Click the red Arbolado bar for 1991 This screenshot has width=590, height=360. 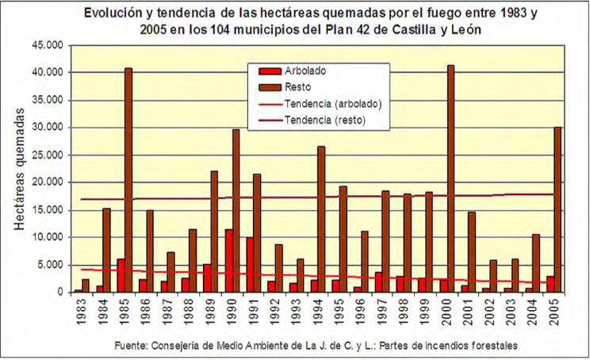(x=250, y=265)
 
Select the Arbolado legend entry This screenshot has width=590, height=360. (x=305, y=71)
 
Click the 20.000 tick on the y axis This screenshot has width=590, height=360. (x=48, y=182)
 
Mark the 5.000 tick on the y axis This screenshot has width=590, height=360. (x=52, y=265)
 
